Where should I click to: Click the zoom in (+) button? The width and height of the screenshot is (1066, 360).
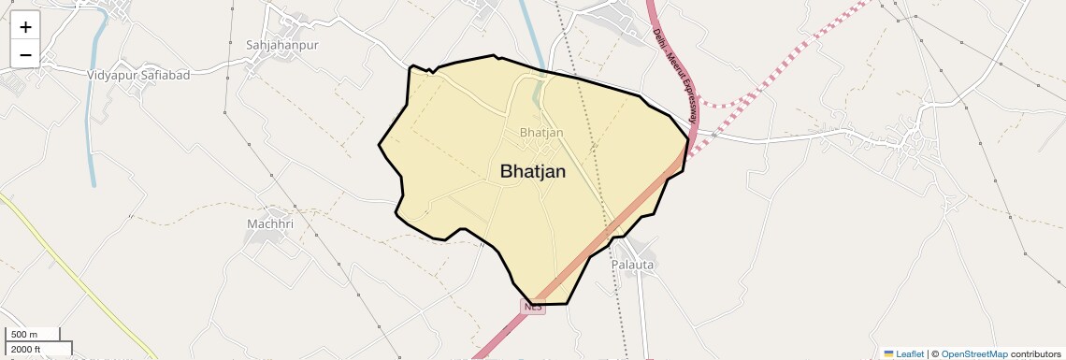25,27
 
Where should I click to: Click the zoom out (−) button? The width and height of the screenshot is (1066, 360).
25,54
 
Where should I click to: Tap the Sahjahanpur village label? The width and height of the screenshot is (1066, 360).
281,45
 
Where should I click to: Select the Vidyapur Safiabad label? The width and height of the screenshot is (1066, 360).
137,74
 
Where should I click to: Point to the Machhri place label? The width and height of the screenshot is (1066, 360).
270,224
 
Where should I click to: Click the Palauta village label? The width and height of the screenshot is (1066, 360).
633,265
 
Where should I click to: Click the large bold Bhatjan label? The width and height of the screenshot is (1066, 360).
532,171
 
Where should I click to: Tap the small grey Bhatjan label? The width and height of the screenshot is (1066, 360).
541,133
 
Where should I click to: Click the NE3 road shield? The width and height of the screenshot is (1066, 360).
533,306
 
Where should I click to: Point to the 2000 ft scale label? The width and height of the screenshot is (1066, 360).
26,349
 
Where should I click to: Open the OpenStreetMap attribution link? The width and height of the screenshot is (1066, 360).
973,354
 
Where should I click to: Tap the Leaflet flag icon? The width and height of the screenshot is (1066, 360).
889,354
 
